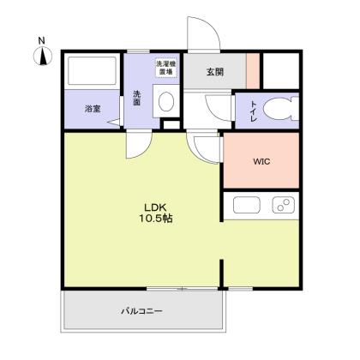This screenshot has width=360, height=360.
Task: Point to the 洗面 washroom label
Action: point(136,98)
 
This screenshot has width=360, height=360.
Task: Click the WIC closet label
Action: point(261,159)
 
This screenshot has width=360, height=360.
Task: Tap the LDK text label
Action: point(154,207)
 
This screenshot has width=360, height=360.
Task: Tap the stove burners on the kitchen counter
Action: point(282,207)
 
